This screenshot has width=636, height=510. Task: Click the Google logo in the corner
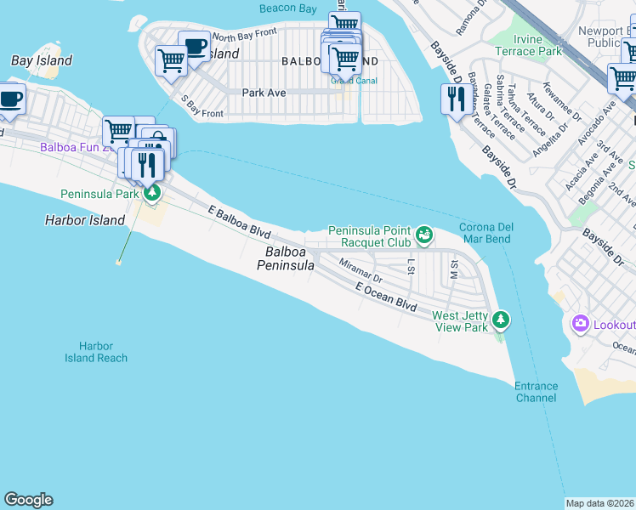click(29, 500)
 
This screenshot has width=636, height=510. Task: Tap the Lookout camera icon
click(581, 323)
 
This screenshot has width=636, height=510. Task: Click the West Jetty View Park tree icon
click(502, 320)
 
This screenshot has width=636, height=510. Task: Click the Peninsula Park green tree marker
click(152, 193)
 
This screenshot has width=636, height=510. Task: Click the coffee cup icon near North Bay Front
click(195, 46)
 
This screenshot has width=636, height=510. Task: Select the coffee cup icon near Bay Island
click(10, 98)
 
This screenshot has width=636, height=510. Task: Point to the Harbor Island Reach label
click(96, 352)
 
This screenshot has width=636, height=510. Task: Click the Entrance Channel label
click(536, 392)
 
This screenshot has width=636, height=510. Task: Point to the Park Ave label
click(264, 92)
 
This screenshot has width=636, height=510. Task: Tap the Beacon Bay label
click(288, 8)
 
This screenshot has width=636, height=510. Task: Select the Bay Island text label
click(42, 61)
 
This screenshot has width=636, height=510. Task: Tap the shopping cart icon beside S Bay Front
click(172, 61)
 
